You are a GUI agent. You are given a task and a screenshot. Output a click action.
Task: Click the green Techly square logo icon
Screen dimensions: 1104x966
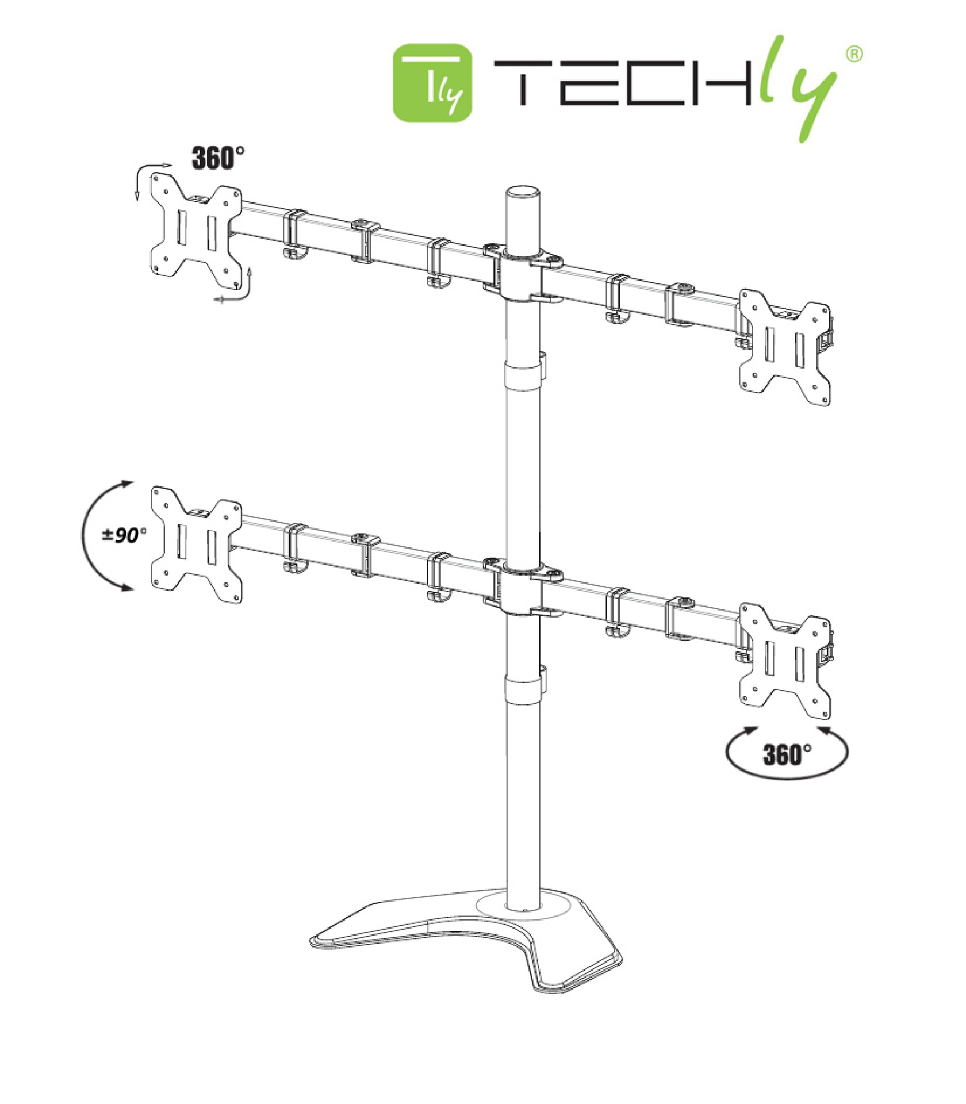click(432, 83)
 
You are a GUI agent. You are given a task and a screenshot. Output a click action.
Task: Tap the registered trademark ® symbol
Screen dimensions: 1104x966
click(854, 54)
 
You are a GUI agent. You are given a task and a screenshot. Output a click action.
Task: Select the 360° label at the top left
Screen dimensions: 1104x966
click(217, 158)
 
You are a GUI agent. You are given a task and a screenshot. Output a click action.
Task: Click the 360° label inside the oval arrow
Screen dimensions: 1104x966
click(787, 754)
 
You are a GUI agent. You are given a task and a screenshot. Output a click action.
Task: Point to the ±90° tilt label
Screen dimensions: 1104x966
click(124, 535)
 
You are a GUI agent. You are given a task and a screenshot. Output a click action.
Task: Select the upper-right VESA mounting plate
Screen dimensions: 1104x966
click(785, 347)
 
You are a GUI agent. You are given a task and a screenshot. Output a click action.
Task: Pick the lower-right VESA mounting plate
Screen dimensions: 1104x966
click(785, 661)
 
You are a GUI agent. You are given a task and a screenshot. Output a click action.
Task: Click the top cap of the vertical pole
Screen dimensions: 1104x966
click(523, 193)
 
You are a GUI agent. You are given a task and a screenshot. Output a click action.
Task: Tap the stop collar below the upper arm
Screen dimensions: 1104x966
click(523, 377)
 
